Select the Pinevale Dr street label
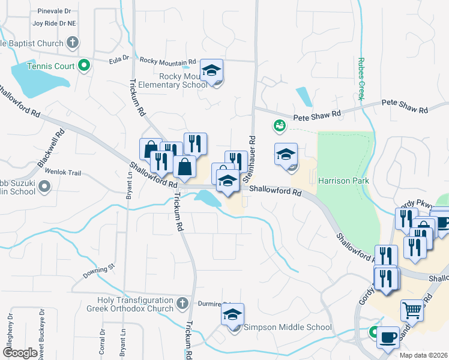tap(54, 11)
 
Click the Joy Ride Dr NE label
tap(55, 23)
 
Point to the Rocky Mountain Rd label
tap(168, 61)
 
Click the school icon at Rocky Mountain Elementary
tap(211, 71)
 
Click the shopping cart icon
tap(412, 310)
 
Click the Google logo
tap(20, 353)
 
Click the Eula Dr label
tap(119, 58)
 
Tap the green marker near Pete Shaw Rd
tap(279, 126)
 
